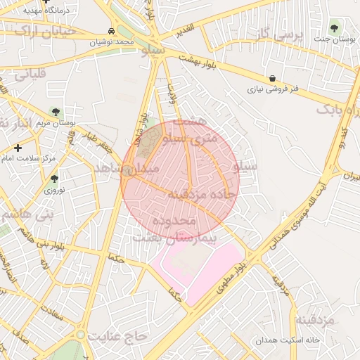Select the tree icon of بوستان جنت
pos(334,29)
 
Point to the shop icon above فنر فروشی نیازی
pos(272,79)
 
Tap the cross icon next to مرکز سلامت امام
pos(18,148)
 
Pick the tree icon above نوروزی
pos(54,179)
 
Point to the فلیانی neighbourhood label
pos(28,73)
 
